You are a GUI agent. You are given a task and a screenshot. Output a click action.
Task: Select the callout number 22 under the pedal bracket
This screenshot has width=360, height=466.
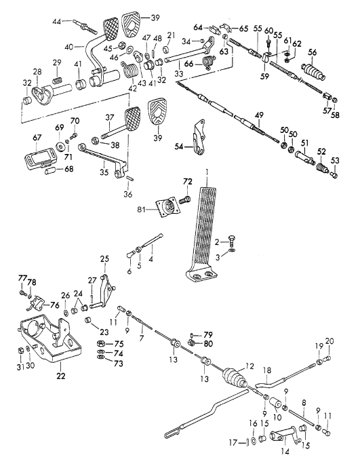click(61, 376)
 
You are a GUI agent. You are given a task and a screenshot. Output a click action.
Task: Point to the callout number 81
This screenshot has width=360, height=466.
click(142, 210)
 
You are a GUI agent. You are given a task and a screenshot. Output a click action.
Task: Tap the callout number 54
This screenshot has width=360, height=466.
click(179, 147)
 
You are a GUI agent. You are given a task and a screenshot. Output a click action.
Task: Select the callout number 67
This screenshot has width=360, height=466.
click(37, 138)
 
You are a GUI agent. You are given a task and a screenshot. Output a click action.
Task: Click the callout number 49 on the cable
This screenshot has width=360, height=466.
click(259, 115)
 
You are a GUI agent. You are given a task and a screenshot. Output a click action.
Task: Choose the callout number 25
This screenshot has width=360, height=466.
click(104, 259)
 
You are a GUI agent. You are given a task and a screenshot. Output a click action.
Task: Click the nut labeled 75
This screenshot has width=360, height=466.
click(101, 343)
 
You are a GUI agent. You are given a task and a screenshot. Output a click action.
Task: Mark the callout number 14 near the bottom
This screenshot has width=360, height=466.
click(285, 452)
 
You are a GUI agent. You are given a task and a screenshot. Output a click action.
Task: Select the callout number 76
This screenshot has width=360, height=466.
click(55, 305)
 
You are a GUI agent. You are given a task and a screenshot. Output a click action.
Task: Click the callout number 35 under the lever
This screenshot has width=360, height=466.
click(104, 172)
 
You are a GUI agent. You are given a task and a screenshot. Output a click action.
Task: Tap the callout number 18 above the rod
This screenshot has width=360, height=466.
click(267, 370)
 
